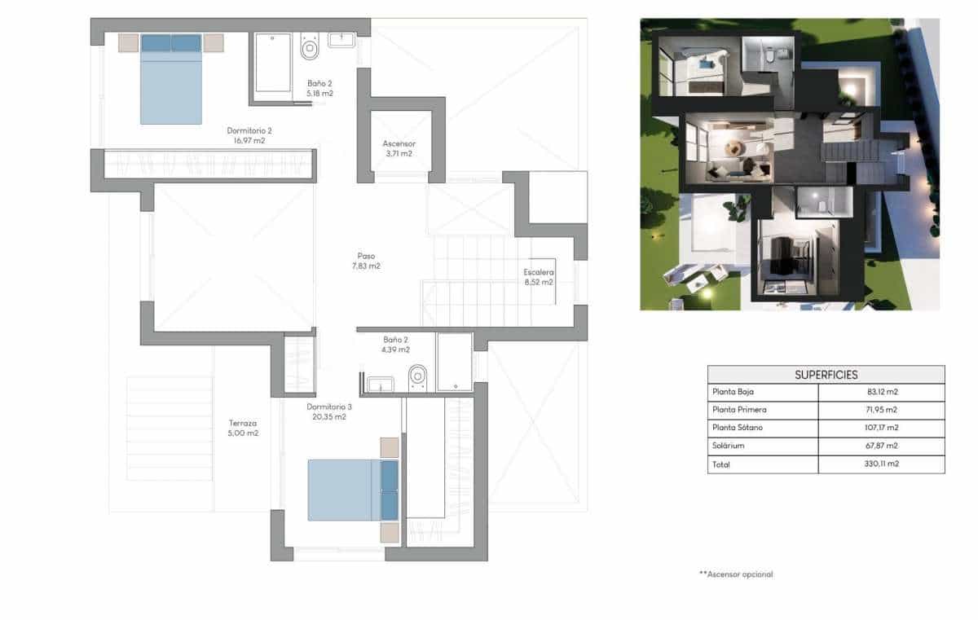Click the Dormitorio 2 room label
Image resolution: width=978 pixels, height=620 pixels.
click(249, 135)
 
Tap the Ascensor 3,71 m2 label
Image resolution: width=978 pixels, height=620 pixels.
click(399, 148)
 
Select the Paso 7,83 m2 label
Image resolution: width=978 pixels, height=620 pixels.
click(366, 261)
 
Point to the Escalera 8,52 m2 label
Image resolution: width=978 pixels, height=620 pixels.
click(539, 277)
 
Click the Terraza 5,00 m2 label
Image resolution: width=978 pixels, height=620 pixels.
click(243, 429)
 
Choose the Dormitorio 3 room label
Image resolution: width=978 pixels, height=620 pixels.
click(329, 411)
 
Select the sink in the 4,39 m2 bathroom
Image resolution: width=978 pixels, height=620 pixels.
click(380, 384)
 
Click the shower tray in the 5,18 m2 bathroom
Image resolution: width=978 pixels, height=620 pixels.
click(273, 63)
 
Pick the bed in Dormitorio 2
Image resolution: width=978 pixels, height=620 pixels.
click(170, 79)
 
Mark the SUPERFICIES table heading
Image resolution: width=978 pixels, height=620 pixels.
click(826, 375)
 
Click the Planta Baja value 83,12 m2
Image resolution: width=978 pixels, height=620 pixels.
click(882, 392)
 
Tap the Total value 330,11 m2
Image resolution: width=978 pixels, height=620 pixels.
click(882, 464)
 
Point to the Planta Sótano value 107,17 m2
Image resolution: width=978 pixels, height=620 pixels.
click(882, 428)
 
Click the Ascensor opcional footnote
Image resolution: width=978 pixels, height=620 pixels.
click(735, 574)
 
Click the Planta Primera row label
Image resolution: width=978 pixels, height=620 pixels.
click(738, 410)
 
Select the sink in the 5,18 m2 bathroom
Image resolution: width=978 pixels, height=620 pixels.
click(341, 40)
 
